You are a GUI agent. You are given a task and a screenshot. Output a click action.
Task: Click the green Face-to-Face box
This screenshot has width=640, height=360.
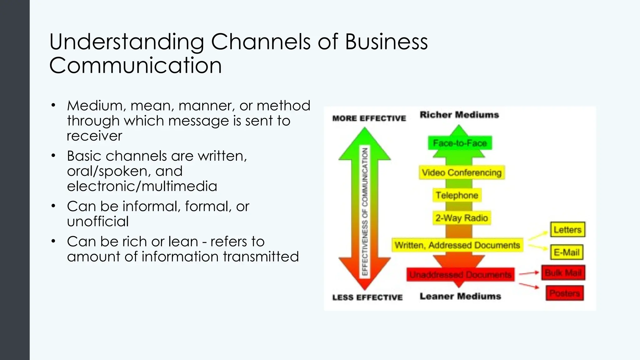[460, 143]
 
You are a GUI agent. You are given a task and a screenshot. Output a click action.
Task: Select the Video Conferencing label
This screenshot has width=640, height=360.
[462, 172]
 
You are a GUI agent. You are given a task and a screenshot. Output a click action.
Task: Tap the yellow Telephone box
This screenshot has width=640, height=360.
[457, 195]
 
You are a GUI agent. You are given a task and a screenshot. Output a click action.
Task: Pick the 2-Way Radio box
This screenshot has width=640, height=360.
[462, 218]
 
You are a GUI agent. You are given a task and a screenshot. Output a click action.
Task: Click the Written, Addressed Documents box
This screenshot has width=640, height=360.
[457, 245]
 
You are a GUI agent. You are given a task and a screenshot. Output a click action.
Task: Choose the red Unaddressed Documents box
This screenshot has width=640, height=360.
[460, 275]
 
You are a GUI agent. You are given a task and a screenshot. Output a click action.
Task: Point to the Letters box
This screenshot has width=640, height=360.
[567, 230]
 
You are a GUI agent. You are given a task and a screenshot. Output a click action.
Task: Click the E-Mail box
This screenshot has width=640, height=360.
[566, 252]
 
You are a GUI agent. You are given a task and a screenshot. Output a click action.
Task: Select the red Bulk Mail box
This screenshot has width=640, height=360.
[563, 273]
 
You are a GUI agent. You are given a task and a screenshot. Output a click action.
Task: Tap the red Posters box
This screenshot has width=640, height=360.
[564, 293]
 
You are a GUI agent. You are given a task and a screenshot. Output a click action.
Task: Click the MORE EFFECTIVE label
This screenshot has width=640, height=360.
[369, 118]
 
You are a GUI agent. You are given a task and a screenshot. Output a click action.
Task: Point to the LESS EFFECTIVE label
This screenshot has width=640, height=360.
[367, 297]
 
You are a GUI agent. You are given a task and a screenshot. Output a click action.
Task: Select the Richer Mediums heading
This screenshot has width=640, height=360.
[459, 115]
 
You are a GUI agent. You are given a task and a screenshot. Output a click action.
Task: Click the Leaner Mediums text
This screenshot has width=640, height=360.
[460, 296]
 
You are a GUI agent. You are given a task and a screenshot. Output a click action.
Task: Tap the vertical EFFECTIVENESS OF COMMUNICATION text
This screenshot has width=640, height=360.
[365, 212]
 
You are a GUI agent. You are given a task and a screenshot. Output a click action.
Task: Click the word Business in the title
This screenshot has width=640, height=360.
[386, 42]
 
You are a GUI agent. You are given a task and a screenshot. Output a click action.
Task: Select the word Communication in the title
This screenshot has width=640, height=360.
[135, 65]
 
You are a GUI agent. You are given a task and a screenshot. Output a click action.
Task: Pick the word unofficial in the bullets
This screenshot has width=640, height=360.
[97, 221]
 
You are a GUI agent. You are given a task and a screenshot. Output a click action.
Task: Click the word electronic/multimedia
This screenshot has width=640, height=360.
[142, 186]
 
